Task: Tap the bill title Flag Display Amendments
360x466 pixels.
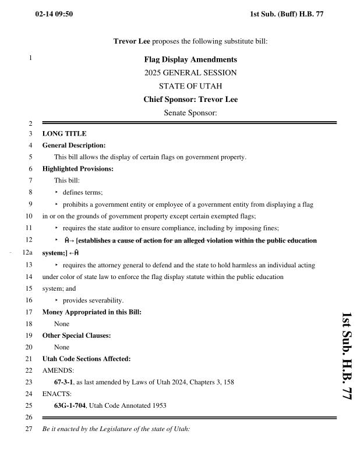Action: (190, 59)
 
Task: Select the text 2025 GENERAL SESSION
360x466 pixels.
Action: (190, 73)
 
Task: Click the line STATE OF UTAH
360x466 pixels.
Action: (190, 86)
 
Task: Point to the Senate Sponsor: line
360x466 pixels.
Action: (190, 112)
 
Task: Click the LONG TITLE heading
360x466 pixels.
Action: (64, 133)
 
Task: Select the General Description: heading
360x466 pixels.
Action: (74, 145)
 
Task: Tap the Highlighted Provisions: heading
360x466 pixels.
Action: (77, 169)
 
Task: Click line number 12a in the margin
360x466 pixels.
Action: (27, 253)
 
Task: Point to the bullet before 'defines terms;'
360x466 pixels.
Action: (57, 193)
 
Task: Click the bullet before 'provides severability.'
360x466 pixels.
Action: (57, 301)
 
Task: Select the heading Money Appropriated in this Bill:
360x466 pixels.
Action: (91, 312)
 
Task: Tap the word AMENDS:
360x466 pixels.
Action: (57, 370)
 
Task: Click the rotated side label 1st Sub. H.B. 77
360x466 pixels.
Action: (346, 356)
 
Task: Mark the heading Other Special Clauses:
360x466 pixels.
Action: (76, 336)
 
